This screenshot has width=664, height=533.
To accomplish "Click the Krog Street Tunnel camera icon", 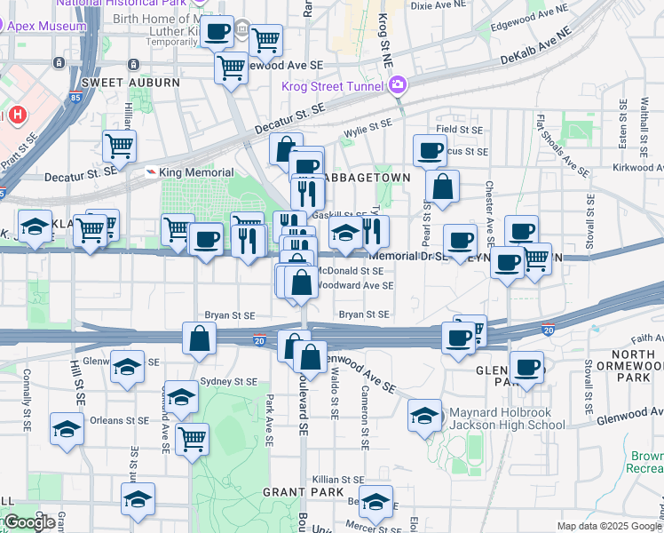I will coord(397,85).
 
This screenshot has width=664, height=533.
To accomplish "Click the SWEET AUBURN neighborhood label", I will coord(130,83).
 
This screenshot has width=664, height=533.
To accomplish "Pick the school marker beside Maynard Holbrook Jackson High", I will coord(424,415).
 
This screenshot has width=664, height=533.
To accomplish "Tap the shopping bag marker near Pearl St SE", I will coord(441,187).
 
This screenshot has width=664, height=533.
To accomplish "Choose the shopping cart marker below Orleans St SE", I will coord(192,439).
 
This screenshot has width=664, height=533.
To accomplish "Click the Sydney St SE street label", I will coord(229,381).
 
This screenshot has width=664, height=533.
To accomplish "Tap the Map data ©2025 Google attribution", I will coord(609,526).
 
